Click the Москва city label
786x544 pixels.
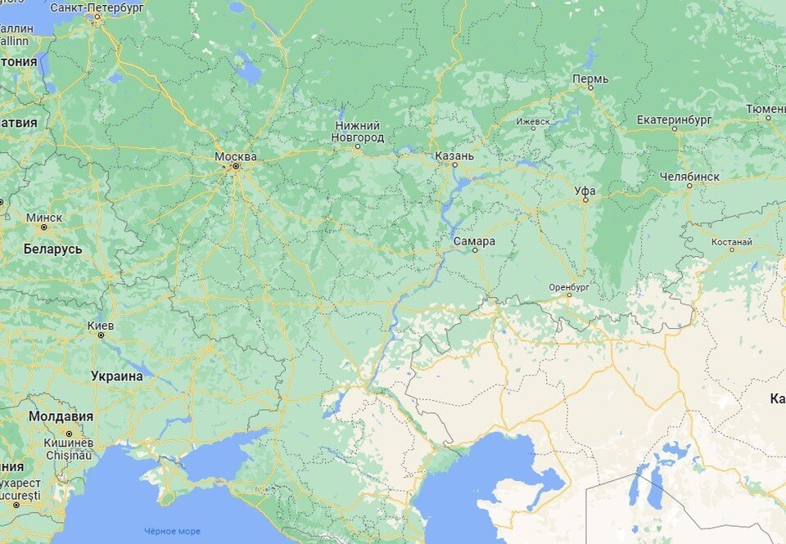point(235,156)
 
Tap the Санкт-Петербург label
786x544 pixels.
point(97,7)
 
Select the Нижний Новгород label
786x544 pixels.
point(357,132)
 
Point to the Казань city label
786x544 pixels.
point(454,155)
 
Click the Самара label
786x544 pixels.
point(474,241)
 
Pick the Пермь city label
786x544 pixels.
point(590,79)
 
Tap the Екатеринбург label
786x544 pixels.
point(674,119)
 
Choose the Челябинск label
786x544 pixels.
point(689,176)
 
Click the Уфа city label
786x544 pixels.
point(585,191)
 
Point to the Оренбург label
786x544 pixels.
point(569,287)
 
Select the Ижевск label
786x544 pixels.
point(533,121)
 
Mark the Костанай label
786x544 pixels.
point(732,242)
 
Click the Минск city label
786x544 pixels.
point(43,218)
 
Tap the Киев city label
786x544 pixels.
point(101,325)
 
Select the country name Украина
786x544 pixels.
point(117,376)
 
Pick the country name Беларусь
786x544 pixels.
point(52,249)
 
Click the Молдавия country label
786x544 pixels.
point(61,416)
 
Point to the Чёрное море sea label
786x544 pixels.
point(172,532)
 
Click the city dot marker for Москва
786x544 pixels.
point(236,166)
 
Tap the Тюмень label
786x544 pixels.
point(766,109)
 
